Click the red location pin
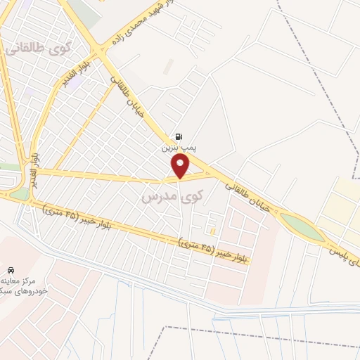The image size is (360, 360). click(x=181, y=166)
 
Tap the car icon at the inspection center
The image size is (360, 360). click(x=11, y=270)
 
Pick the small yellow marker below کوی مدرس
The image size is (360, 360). click(x=212, y=230)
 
